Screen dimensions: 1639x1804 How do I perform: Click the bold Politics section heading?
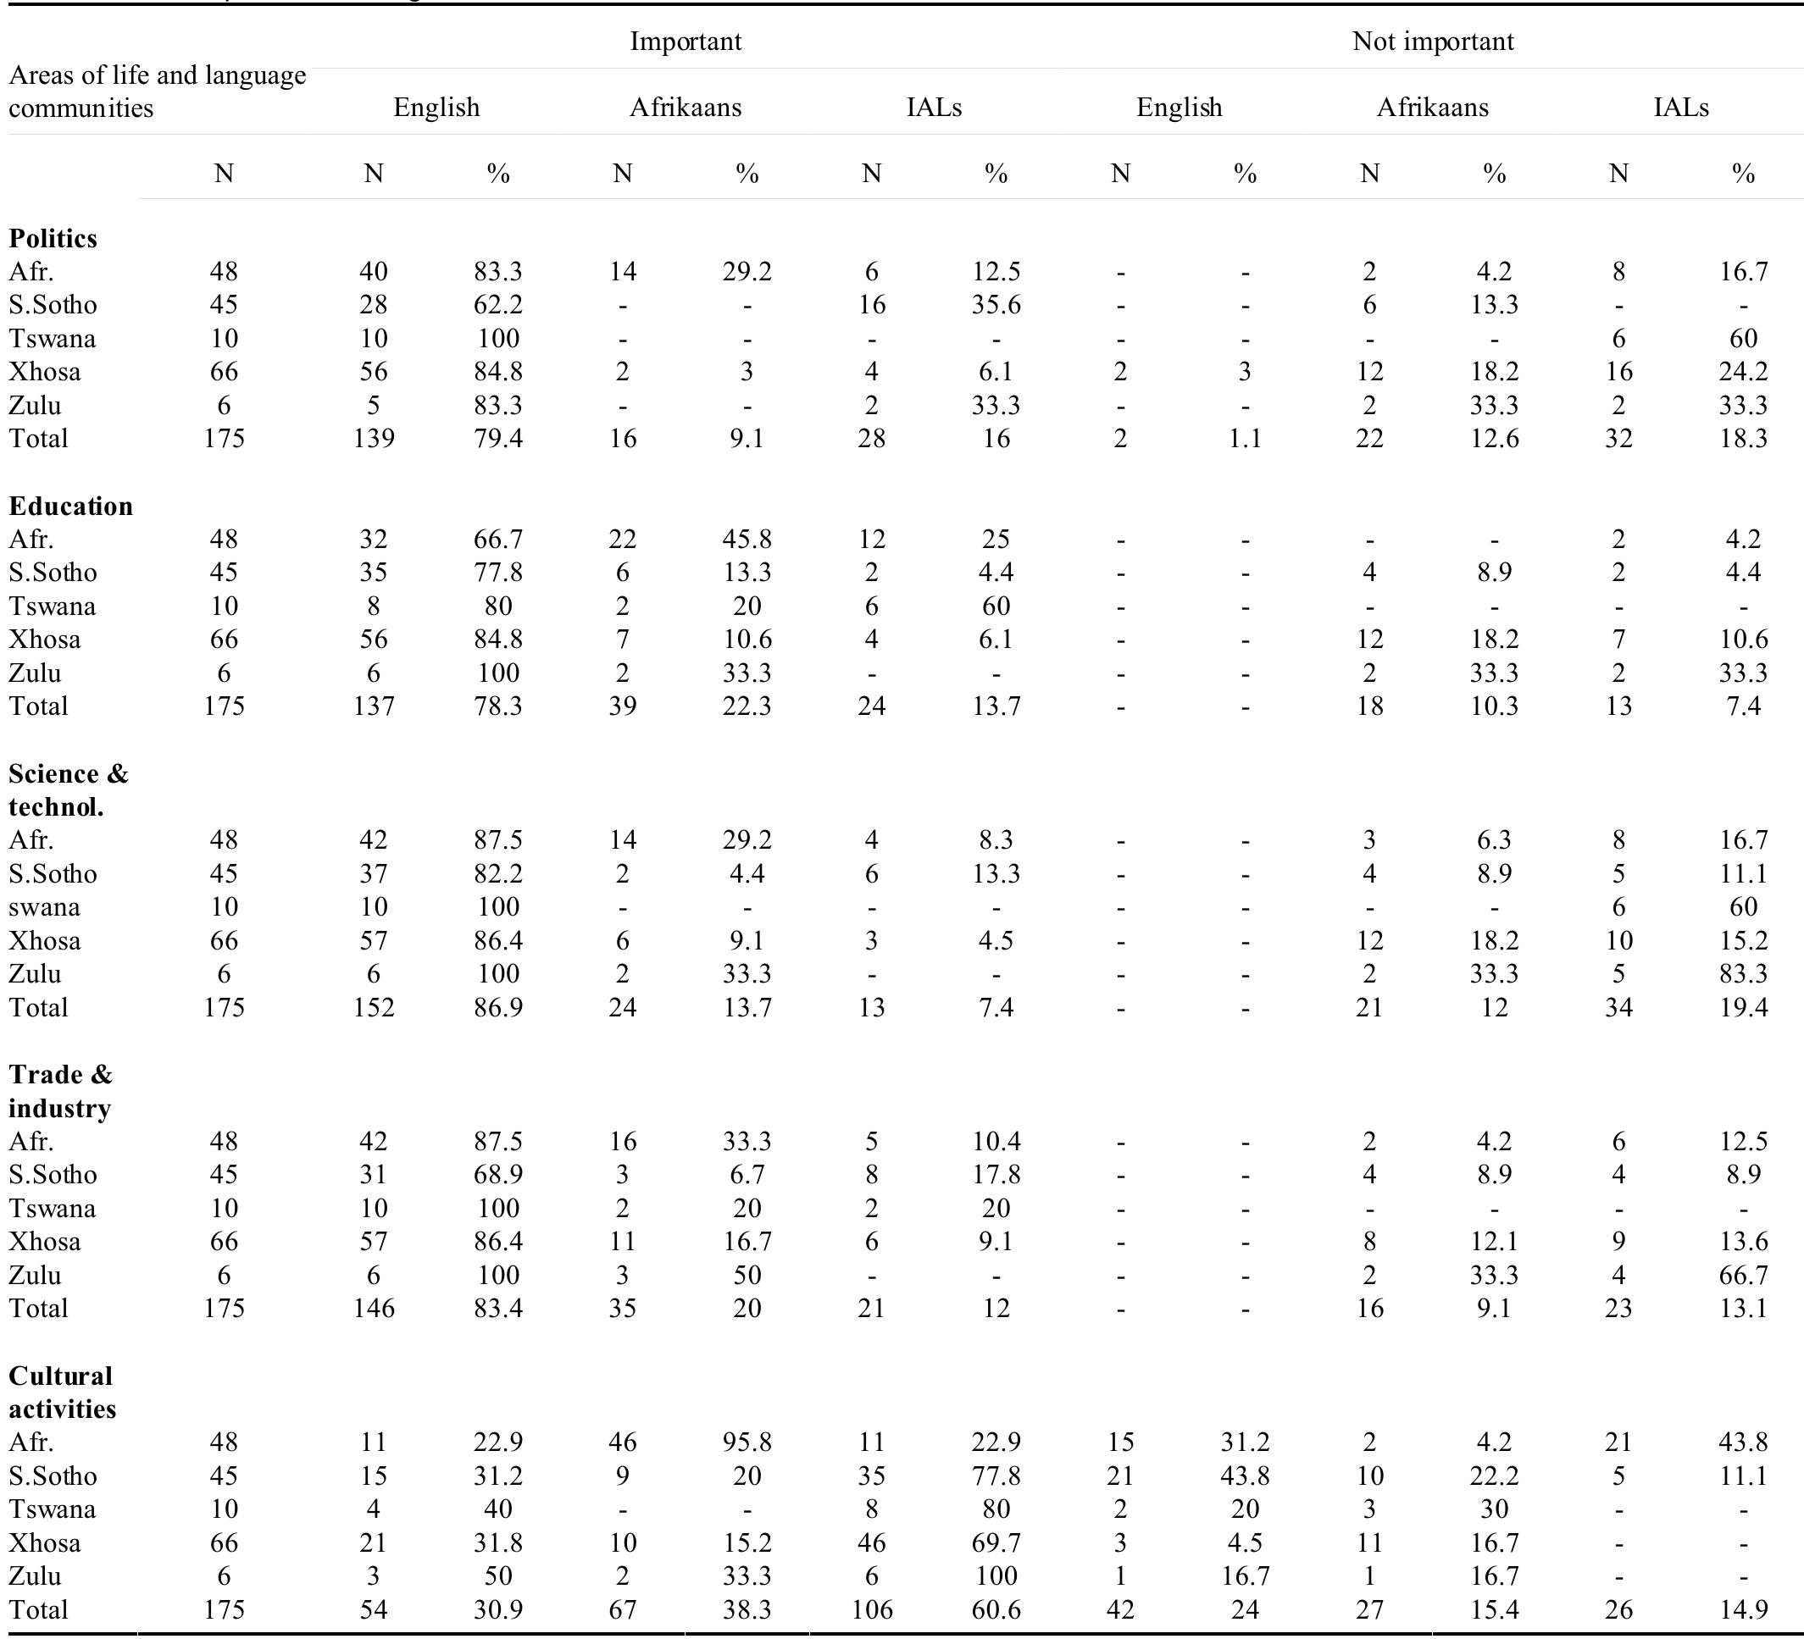click(53, 238)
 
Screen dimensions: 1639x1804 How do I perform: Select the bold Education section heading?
click(70, 506)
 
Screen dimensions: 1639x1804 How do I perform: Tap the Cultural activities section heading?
click(62, 1392)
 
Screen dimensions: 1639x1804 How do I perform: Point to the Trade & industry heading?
click(60, 1091)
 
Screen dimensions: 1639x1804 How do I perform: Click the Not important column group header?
click(1433, 42)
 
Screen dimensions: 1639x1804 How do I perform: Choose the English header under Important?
click(436, 108)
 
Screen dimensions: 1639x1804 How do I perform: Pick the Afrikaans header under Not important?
click(1432, 108)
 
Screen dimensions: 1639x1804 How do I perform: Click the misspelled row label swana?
click(44, 906)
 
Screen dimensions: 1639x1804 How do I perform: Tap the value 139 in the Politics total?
click(373, 439)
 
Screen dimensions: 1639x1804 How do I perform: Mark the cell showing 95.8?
click(747, 1442)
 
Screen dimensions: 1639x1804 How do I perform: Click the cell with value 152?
click(373, 1007)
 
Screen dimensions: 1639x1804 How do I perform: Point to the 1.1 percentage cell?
click(1245, 439)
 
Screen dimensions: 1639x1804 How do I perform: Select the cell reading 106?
click(872, 1609)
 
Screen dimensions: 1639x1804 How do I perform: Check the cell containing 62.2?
click(498, 305)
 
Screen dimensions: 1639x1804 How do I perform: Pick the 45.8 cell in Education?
click(747, 539)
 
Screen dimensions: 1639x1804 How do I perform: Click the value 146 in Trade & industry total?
click(373, 1308)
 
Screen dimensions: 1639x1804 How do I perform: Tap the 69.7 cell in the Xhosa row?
click(996, 1542)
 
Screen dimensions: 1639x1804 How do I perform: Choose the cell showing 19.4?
click(1742, 1007)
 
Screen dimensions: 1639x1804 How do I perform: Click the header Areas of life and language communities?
click(157, 91)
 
